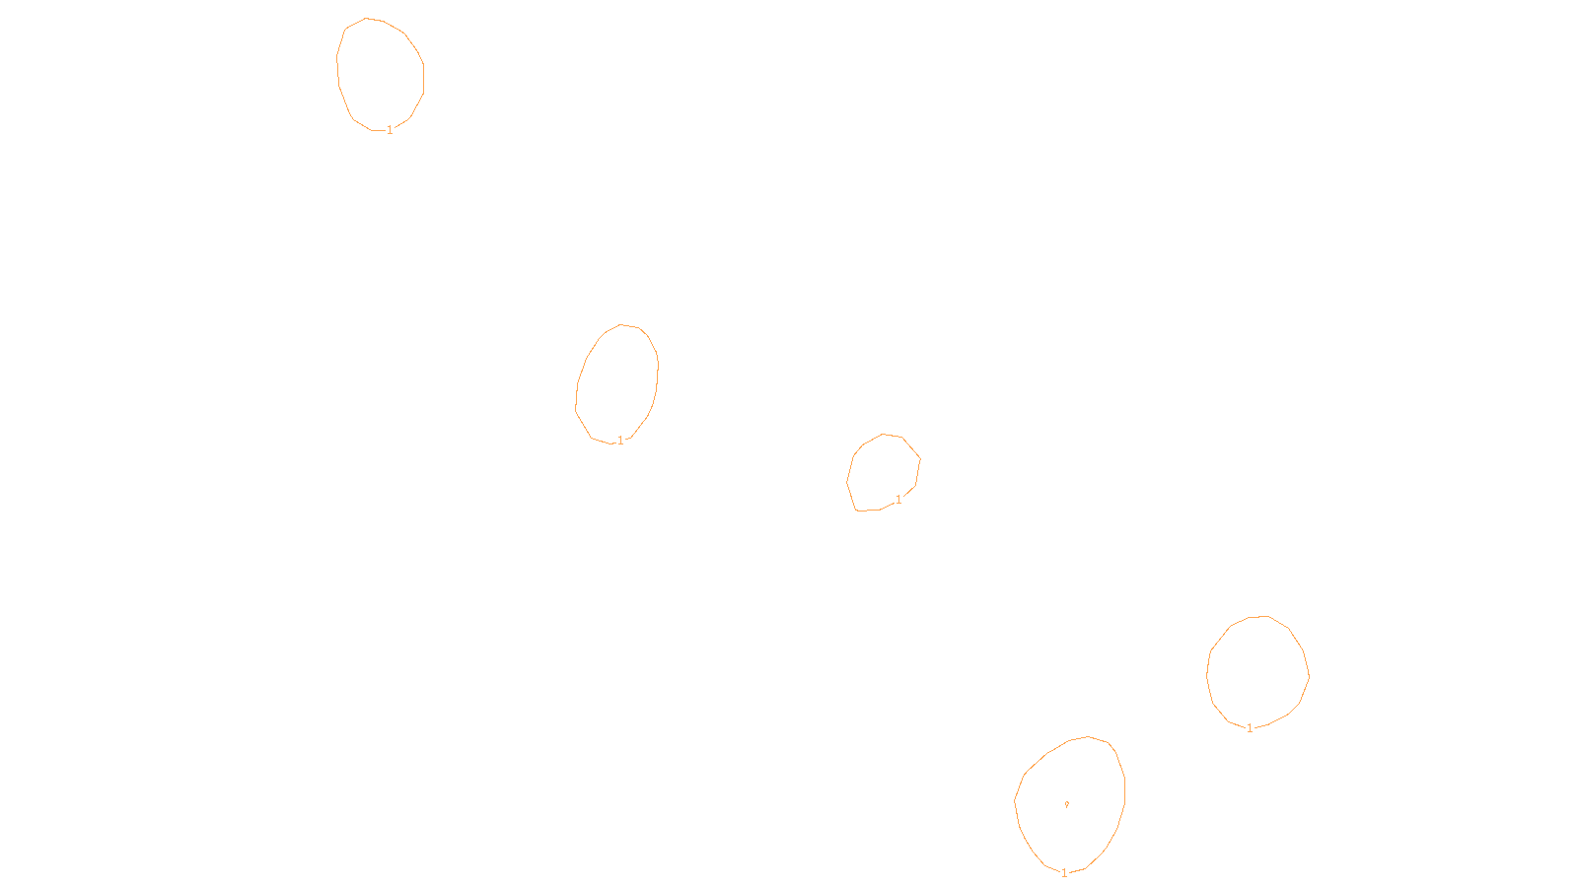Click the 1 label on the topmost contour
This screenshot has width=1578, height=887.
click(390, 130)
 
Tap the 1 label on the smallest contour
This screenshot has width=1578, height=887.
click(898, 500)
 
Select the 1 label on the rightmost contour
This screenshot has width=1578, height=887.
click(1250, 728)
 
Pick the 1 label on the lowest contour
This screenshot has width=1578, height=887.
click(1064, 872)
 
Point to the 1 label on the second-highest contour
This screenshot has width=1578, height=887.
click(620, 441)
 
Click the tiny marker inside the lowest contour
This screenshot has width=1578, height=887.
click(1066, 804)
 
